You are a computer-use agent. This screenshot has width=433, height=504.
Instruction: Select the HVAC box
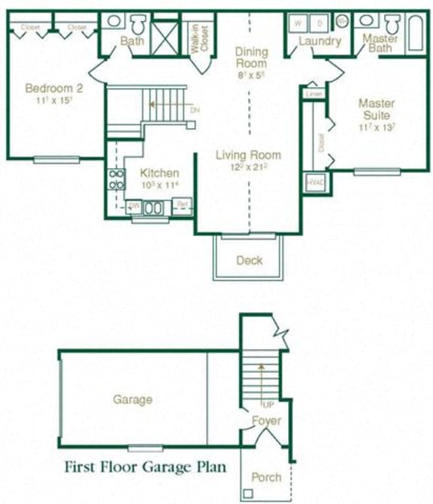pos(313,183)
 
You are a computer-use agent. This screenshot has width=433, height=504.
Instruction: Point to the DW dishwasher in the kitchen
pos(134,205)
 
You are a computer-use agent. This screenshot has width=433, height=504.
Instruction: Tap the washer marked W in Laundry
pos(296,22)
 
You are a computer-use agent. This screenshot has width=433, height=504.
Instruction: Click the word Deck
pos(249,261)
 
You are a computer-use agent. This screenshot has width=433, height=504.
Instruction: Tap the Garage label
pos(132,400)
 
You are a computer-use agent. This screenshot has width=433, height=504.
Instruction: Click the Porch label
pos(265,477)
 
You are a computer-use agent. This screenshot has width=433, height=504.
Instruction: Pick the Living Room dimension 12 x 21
pos(248,168)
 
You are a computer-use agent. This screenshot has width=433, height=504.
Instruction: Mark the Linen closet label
pos(314,94)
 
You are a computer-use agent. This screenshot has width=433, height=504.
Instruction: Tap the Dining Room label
pos(251,57)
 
